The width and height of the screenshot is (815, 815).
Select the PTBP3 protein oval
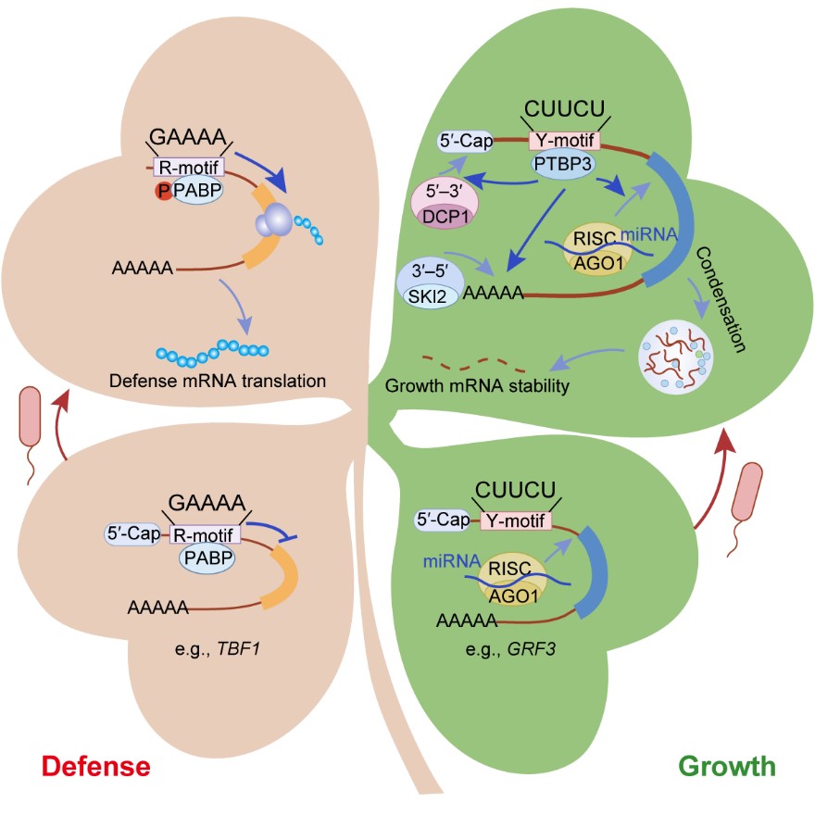561,163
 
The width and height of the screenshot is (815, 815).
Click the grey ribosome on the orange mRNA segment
274,221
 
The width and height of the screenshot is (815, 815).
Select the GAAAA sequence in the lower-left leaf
206,503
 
